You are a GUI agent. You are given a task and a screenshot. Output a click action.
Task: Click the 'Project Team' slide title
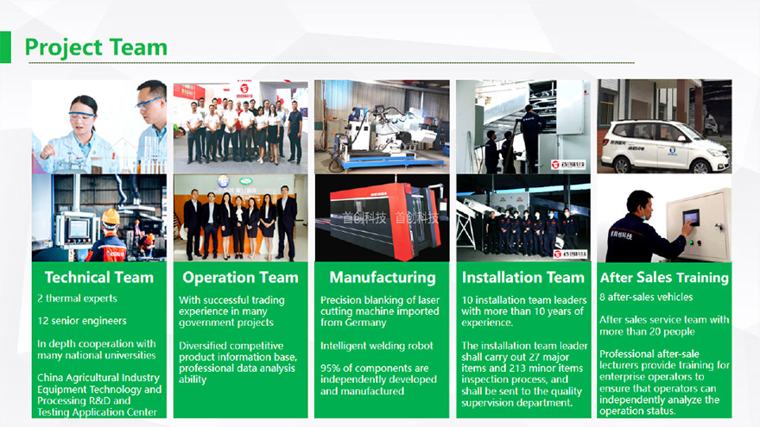[95, 47]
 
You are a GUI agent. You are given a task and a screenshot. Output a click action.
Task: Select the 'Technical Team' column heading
[98, 278]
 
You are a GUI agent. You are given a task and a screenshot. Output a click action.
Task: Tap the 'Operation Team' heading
[240, 278]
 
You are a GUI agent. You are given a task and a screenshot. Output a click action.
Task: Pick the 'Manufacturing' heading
[382, 278]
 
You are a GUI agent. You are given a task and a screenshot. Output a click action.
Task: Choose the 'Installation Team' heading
[522, 278]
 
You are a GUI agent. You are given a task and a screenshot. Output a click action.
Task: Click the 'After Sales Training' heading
[664, 278]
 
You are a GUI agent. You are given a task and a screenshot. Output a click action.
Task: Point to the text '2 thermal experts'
[77, 298]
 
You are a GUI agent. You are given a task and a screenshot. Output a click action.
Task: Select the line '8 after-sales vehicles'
[646, 298]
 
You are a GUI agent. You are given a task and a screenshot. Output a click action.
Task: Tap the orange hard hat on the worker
[111, 217]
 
